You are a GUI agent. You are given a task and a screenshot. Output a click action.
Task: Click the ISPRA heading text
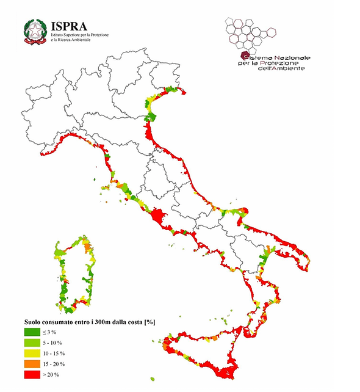coord(70,26)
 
